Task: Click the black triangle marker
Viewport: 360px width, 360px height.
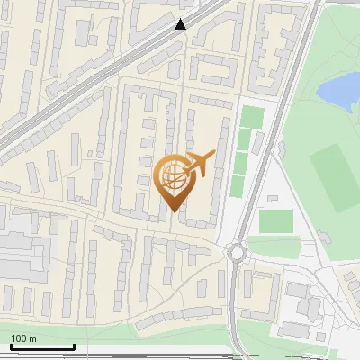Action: pyautogui.click(x=183, y=25)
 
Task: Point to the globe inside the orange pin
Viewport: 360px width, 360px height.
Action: pyautogui.click(x=172, y=176)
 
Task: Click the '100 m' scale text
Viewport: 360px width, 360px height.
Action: pyautogui.click(x=24, y=337)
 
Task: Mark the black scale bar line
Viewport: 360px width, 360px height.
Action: pyautogui.click(x=42, y=346)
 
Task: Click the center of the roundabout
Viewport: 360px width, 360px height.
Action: pyautogui.click(x=237, y=253)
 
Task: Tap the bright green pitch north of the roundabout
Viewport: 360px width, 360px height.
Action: pyautogui.click(x=275, y=220)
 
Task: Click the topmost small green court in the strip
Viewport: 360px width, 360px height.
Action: pyautogui.click(x=250, y=117)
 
